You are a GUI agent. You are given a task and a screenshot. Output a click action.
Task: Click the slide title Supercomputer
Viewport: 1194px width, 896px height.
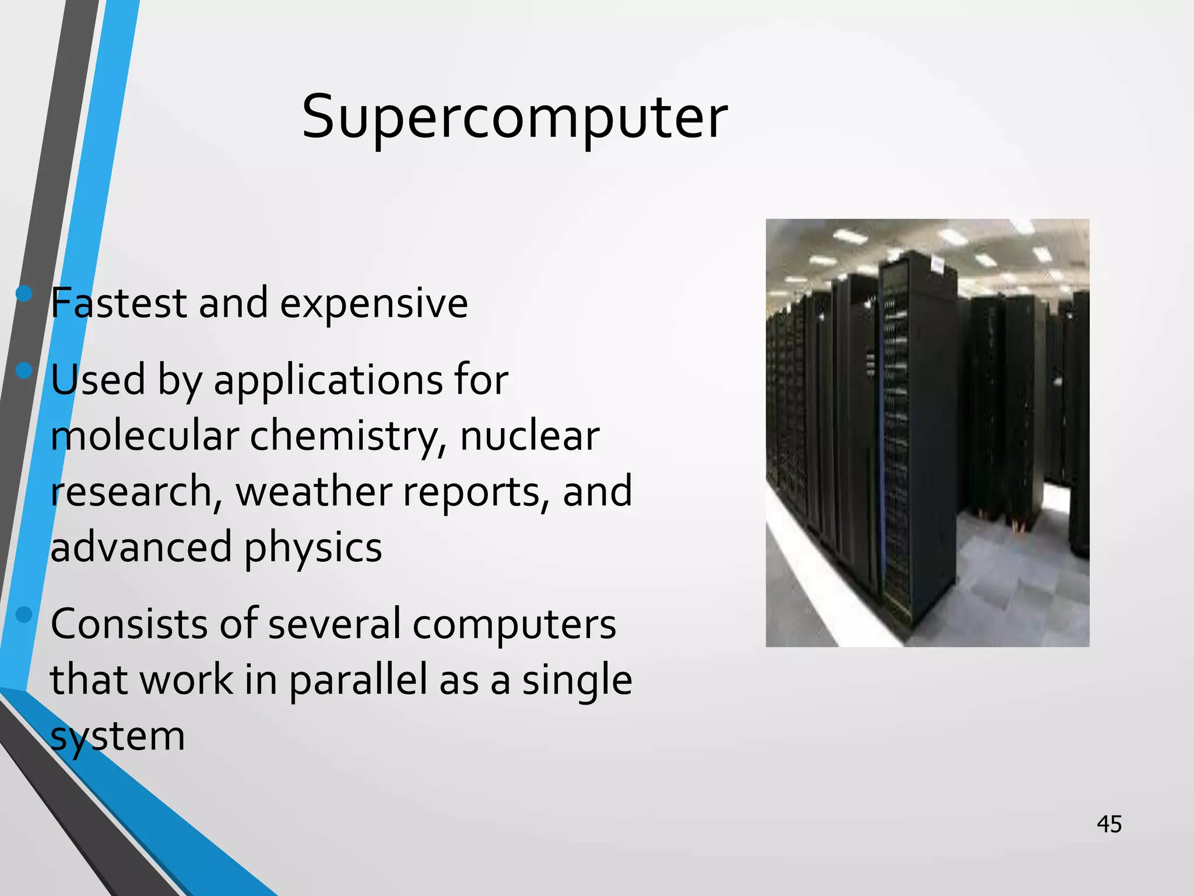click(514, 118)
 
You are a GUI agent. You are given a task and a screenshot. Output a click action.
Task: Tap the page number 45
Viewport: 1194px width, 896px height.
click(1109, 824)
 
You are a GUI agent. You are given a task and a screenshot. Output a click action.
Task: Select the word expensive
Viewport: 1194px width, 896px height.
click(374, 304)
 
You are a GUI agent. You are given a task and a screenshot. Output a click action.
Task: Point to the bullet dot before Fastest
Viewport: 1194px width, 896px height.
click(24, 293)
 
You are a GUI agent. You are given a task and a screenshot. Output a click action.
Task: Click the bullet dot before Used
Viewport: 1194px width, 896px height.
click(24, 370)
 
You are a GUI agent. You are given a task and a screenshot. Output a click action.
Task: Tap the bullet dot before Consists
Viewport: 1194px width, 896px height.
click(24, 614)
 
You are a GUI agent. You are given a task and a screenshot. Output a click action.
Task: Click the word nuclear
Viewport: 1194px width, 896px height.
click(529, 436)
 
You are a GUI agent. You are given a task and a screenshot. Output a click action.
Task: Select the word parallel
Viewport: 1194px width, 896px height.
click(359, 681)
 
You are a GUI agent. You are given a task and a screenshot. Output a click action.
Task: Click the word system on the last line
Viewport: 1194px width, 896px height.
click(117, 737)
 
